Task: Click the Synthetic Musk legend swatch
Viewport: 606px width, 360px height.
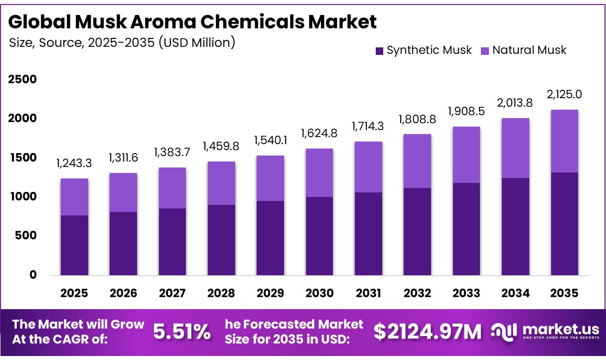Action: point(379,51)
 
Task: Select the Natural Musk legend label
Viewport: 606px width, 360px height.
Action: point(529,50)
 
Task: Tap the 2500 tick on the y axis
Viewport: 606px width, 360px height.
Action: point(22,79)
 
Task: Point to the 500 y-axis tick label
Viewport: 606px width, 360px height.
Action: point(26,235)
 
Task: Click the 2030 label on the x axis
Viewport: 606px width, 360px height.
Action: point(319,293)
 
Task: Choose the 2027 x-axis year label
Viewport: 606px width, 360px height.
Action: point(172,293)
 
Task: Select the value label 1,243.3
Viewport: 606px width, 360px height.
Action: point(74,163)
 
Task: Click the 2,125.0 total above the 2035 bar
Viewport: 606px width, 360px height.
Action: point(564,94)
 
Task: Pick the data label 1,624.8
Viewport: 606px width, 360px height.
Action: point(319,134)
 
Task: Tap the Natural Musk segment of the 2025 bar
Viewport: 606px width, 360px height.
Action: point(74,197)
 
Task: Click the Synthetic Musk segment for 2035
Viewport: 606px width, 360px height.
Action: point(565,224)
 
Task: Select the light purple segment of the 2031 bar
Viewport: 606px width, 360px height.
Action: point(368,167)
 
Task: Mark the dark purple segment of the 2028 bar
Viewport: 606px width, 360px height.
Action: point(221,240)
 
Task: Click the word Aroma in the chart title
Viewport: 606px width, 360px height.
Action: point(163,21)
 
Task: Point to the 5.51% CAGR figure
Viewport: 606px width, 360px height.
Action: point(182,332)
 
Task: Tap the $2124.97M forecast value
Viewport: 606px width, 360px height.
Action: point(428,332)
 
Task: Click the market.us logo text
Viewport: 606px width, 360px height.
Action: point(561,329)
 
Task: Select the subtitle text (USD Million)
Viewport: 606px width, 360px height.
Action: point(197,43)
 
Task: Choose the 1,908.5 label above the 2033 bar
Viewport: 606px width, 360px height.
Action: point(466,112)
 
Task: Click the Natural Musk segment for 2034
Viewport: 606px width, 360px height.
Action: point(515,148)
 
